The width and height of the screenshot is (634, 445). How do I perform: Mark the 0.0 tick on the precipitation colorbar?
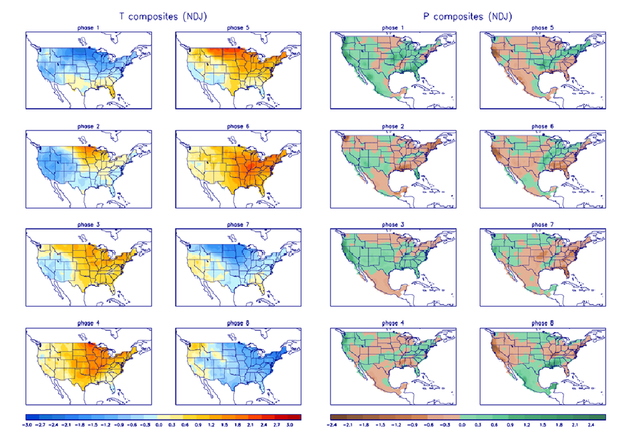462,426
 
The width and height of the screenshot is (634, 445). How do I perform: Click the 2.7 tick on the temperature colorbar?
276,426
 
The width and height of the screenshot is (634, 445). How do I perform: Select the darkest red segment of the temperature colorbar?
294,417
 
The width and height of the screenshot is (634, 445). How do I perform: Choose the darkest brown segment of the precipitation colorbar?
337,417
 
